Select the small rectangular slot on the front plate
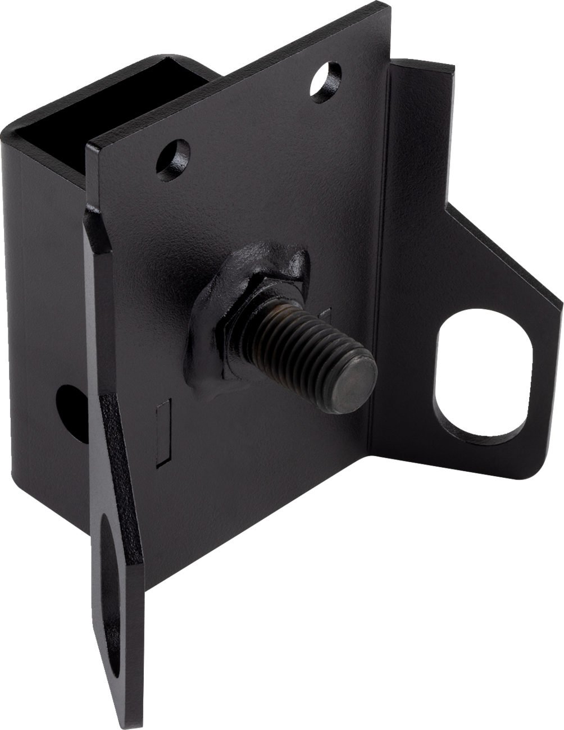(162, 432)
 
